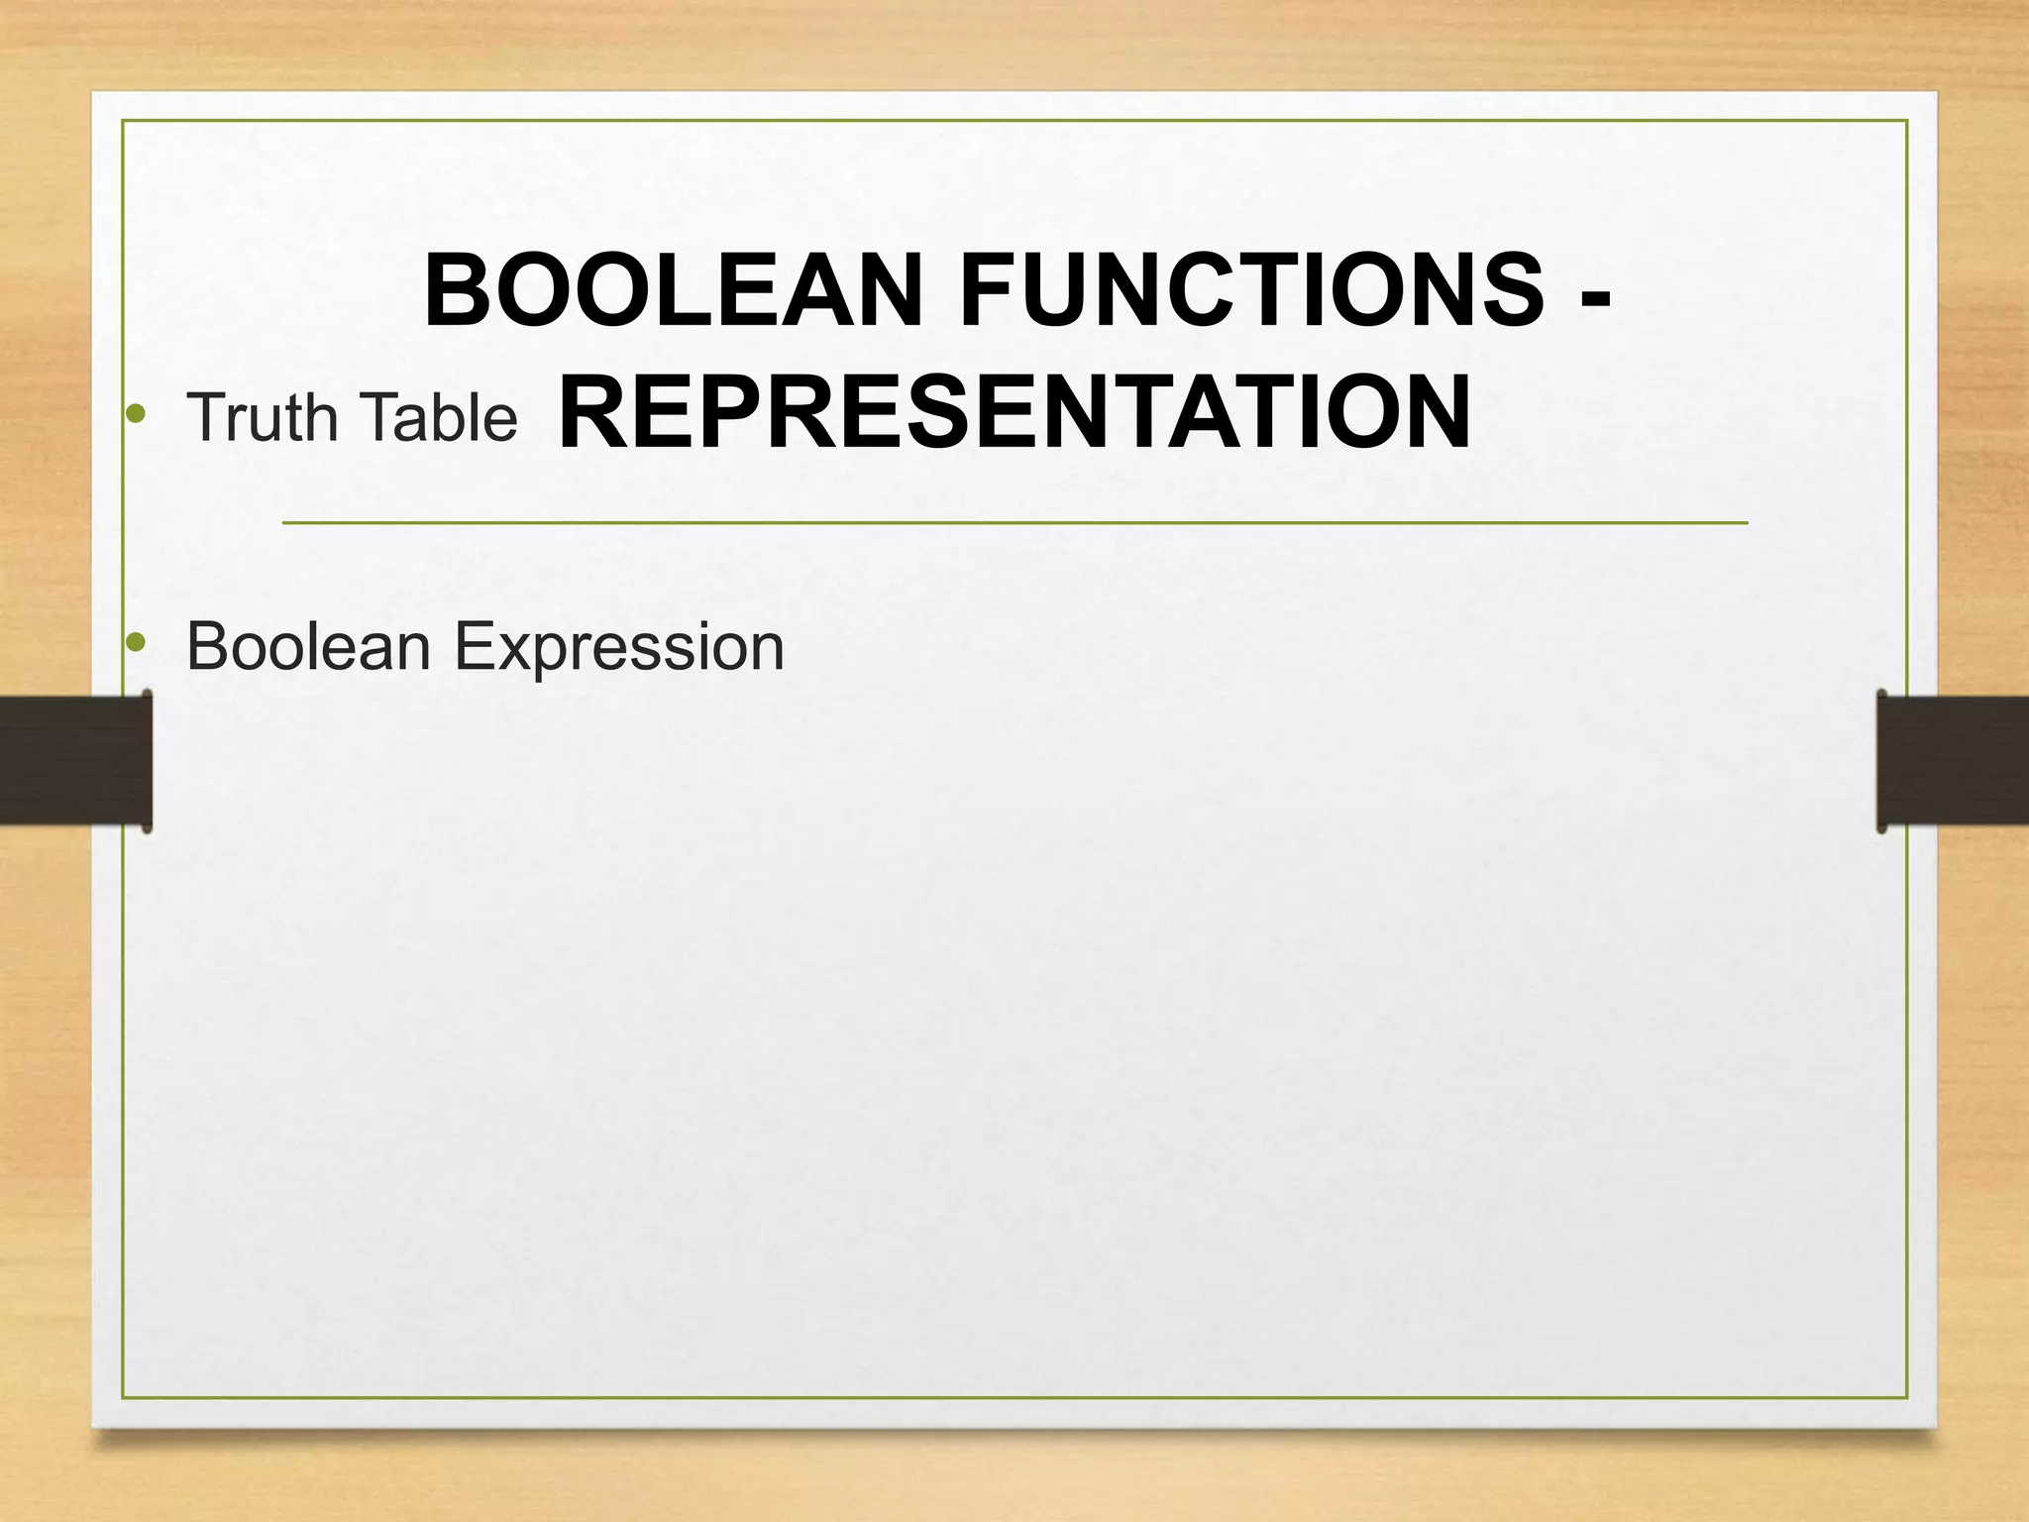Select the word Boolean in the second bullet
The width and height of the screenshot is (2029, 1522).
(308, 646)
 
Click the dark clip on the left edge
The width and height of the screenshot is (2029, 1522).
(75, 760)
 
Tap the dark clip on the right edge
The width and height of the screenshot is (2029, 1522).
(1952, 760)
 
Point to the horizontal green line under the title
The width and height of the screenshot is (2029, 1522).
(1014, 522)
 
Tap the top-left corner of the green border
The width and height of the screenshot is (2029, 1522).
(123, 121)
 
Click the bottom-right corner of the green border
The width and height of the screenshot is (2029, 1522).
(1906, 1397)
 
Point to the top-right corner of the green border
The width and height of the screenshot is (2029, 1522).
(1906, 121)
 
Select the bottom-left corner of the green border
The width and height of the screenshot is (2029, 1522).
(123, 1397)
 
